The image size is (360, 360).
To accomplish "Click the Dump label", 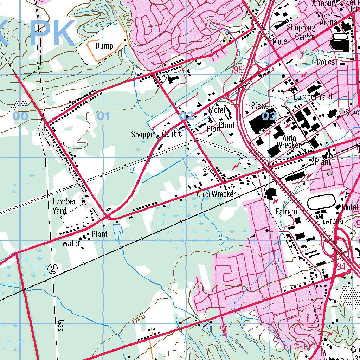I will pos(104,46).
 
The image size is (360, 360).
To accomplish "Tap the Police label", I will pos(326,62).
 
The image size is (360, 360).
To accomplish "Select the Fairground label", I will pos(292,211).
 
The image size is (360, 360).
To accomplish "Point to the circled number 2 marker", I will pos(53,269).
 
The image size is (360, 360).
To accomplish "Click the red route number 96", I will pos(238,70).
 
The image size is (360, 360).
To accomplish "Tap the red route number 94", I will pos(341,266).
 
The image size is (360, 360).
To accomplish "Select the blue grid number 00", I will pos(20,116).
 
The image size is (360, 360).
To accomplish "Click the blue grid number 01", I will pos(103,116).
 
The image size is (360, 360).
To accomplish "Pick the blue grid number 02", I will pos(186,116).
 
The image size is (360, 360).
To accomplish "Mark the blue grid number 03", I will pos(269,116).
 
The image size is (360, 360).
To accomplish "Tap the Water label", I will pos(71,243).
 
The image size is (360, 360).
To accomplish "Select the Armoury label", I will pos(324,4).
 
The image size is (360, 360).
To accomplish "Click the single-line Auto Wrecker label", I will pos(216,194).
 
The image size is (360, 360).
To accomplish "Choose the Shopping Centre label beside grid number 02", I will pos(156,134).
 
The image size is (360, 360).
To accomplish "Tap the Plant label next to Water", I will pos(99,234).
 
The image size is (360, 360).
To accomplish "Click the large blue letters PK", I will pos(52,33).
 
